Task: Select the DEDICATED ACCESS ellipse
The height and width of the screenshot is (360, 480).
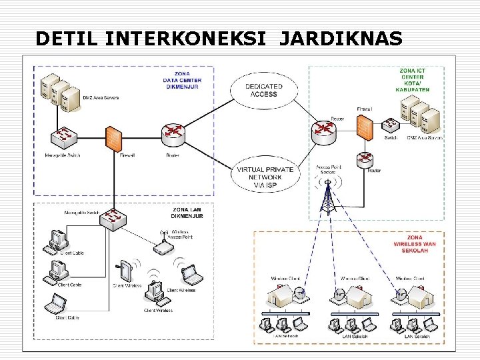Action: click(x=264, y=90)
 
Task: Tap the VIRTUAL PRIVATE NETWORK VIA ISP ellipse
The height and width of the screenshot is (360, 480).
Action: click(x=265, y=174)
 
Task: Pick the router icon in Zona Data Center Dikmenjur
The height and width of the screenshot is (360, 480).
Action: click(x=173, y=135)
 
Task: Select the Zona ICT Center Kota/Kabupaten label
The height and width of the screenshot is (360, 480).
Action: click(x=413, y=79)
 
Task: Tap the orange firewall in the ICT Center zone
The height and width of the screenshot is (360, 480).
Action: click(x=364, y=128)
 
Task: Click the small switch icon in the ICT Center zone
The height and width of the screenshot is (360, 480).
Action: click(x=391, y=125)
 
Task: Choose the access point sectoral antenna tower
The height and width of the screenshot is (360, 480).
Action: click(x=327, y=193)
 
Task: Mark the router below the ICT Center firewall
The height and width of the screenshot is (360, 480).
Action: click(x=364, y=159)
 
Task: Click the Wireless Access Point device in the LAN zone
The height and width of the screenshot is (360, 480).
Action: click(x=163, y=247)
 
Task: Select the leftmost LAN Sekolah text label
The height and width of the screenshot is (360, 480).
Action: click(x=287, y=336)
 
